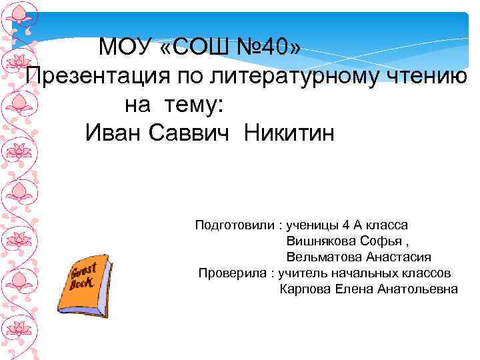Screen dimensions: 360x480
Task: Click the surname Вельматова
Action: pyautogui.click(x=325, y=257)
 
